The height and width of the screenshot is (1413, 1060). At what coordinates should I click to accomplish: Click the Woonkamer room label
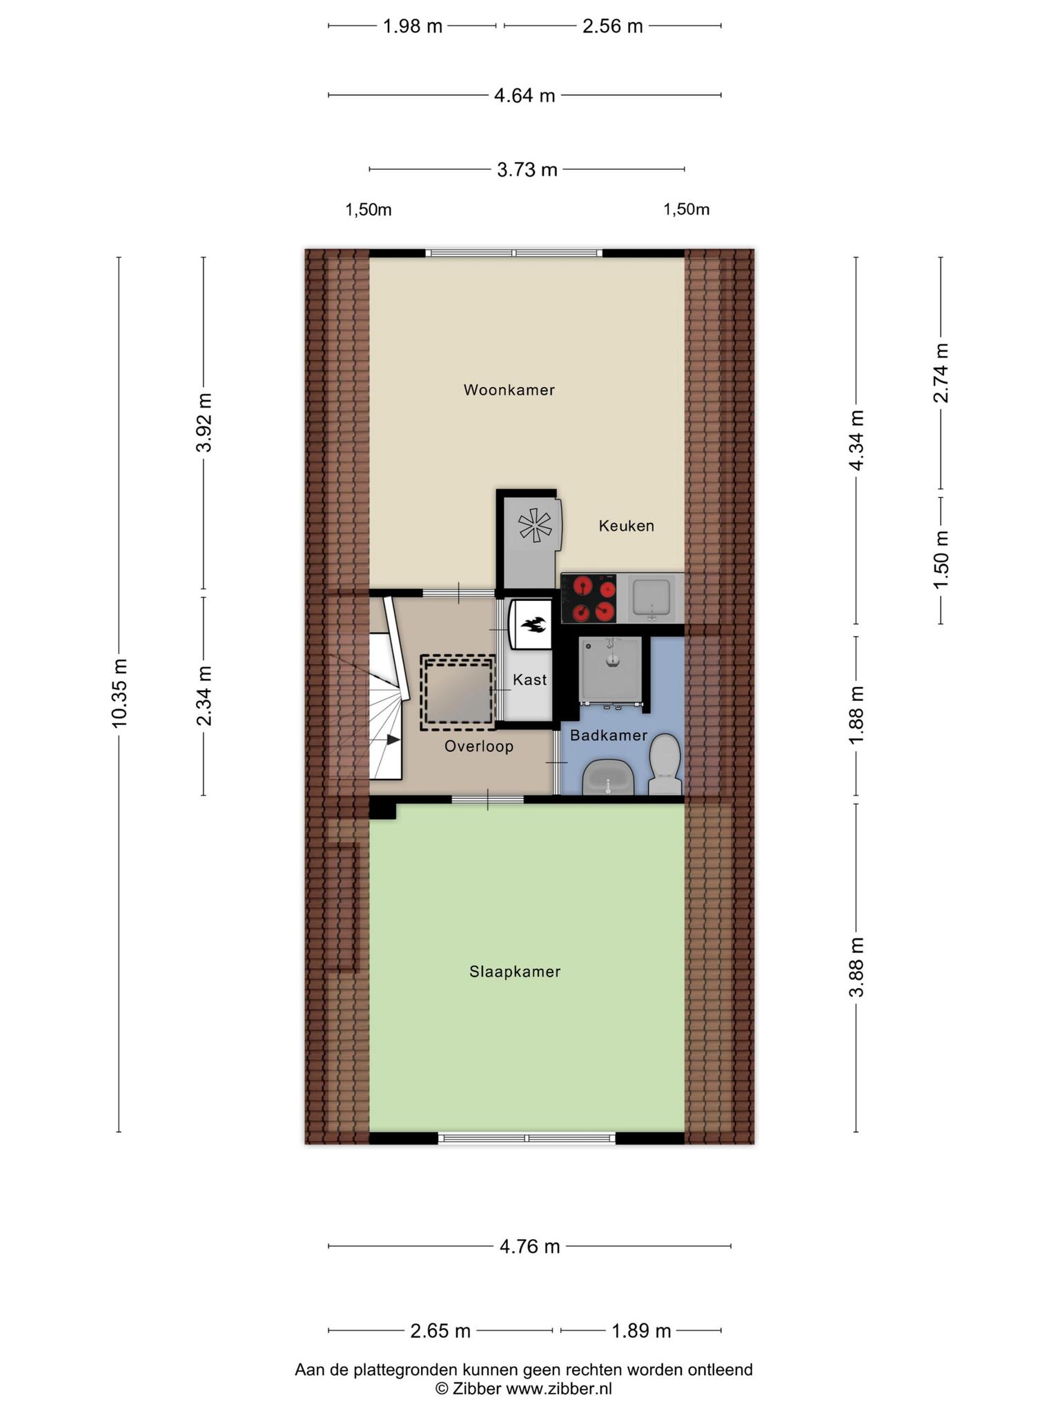point(509,390)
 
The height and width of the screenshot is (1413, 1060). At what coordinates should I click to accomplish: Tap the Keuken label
point(626,526)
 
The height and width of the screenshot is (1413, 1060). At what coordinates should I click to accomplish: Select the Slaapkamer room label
point(515,971)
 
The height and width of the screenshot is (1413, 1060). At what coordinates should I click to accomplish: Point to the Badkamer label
point(609,735)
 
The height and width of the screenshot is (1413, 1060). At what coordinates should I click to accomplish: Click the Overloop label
point(479,746)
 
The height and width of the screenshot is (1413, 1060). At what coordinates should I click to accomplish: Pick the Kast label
point(529,680)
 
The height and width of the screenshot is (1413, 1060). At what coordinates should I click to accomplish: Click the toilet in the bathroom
point(665,765)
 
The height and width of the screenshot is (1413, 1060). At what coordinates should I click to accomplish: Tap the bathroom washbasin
point(608,778)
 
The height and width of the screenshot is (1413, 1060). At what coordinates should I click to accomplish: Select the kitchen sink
point(651,597)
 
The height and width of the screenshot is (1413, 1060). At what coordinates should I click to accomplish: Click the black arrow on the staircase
point(393,740)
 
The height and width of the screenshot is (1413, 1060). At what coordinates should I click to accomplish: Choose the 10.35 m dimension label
point(119,693)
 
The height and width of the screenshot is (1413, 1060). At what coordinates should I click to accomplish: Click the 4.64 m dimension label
point(524,95)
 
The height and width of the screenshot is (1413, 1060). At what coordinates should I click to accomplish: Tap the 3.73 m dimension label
point(527,169)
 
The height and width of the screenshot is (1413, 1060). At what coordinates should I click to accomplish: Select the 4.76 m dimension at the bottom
point(529,1246)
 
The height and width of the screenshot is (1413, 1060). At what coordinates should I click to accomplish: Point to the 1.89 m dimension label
point(641,1330)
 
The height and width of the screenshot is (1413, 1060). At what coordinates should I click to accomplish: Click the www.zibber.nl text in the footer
point(559,1389)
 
